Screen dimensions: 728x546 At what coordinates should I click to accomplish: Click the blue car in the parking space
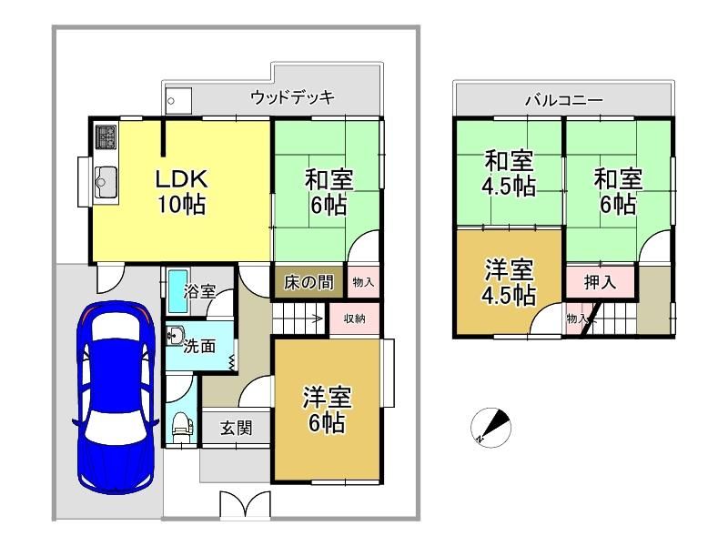coord(116,398)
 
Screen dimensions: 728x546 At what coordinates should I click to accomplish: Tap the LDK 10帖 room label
coord(181,191)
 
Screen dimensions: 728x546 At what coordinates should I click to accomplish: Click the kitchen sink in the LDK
coord(106,182)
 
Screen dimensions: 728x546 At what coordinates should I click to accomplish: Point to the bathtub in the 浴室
coord(177,291)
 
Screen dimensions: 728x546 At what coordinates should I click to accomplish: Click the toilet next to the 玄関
coord(181,428)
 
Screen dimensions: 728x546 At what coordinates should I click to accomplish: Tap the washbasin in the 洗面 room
coord(175,336)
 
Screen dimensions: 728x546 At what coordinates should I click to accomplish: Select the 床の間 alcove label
coord(308,282)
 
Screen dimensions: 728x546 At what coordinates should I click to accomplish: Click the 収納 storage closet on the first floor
coord(355,318)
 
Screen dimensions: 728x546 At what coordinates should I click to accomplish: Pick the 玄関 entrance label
coord(237,428)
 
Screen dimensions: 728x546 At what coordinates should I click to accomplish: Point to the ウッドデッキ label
coord(292,97)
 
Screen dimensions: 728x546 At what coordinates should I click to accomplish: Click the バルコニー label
coord(564,100)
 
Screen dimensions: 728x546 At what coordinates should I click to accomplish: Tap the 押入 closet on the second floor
coord(600,281)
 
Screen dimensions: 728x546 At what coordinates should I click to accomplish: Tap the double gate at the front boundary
coord(245,504)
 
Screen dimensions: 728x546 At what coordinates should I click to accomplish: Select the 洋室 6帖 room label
coord(328,410)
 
